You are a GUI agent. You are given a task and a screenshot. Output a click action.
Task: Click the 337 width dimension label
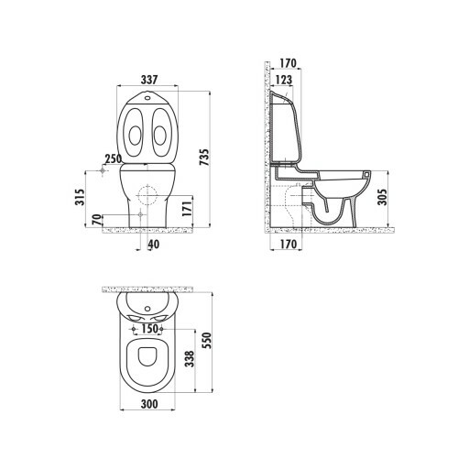(x=149, y=80)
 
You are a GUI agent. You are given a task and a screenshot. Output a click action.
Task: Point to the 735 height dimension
(x=204, y=158)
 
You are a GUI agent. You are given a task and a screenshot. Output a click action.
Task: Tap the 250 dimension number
(x=113, y=159)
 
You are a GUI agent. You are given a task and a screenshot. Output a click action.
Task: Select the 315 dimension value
(x=80, y=197)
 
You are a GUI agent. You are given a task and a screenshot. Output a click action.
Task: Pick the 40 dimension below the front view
(x=154, y=244)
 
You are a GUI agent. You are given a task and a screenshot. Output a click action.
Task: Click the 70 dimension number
(x=96, y=220)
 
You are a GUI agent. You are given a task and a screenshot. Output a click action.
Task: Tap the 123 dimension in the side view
(x=284, y=80)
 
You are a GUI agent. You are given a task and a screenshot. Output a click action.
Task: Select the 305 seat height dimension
(x=382, y=197)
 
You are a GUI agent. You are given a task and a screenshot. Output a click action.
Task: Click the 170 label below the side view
(x=288, y=244)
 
